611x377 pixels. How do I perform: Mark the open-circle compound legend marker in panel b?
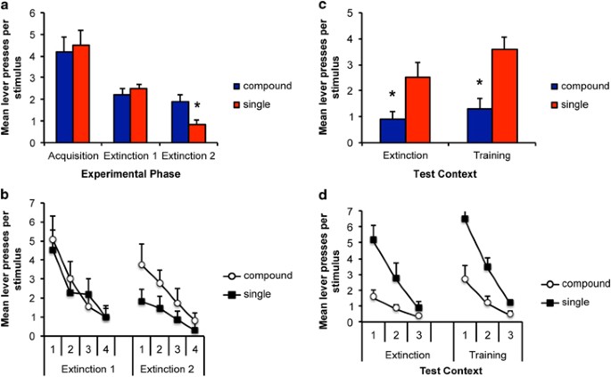click(230, 275)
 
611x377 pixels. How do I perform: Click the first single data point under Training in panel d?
click(465, 219)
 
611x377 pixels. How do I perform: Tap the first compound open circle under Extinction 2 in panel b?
click(141, 265)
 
